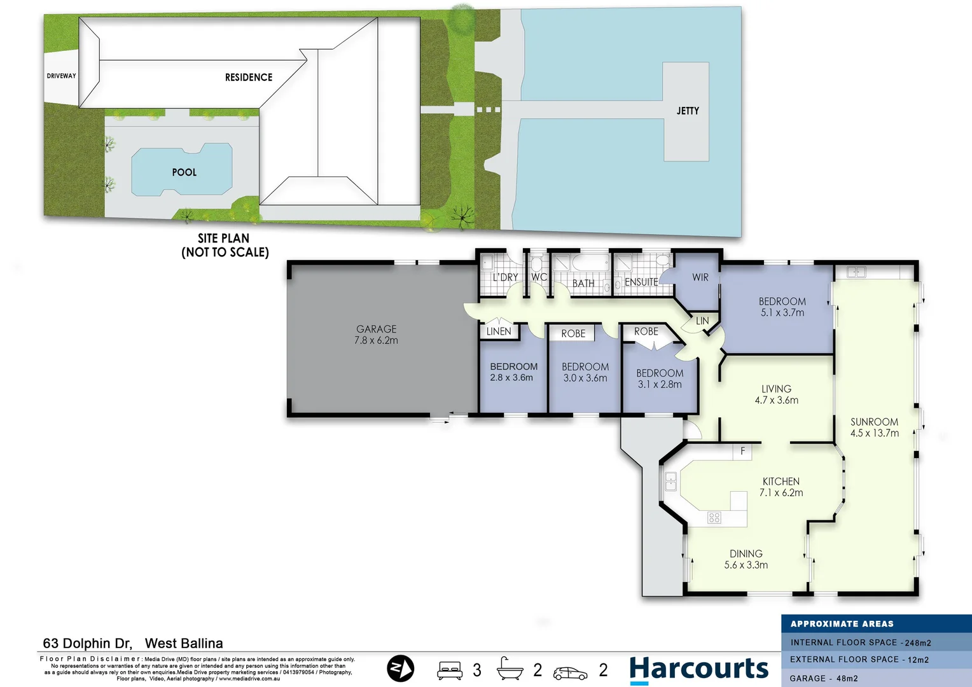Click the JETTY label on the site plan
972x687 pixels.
pyautogui.click(x=688, y=111)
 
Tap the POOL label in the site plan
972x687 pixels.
pyautogui.click(x=184, y=172)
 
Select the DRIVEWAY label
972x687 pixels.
pyautogui.click(x=61, y=76)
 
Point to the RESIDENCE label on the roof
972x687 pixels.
pyautogui.click(x=248, y=78)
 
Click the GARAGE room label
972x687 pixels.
pyautogui.click(x=376, y=329)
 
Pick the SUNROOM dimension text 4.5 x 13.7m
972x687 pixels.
pyautogui.click(x=874, y=433)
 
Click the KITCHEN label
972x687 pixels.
pyautogui.click(x=781, y=482)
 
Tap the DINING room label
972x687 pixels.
pyautogui.click(x=746, y=554)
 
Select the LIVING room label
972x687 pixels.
pyautogui.click(x=776, y=389)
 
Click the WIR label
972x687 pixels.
pyautogui.click(x=700, y=277)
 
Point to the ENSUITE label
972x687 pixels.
pyautogui.click(x=641, y=282)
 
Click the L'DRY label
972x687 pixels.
pyautogui.click(x=505, y=277)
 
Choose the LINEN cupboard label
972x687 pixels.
pyautogui.click(x=498, y=331)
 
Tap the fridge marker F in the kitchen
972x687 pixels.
pyautogui.click(x=742, y=451)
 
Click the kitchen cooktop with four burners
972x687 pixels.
pyautogui.click(x=714, y=518)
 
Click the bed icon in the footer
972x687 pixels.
pyautogui.click(x=450, y=670)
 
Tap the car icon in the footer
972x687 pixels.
pyautogui.click(x=570, y=672)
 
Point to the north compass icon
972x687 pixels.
pyautogui.click(x=401, y=669)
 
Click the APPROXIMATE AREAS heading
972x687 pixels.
pyautogui.click(x=842, y=624)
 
